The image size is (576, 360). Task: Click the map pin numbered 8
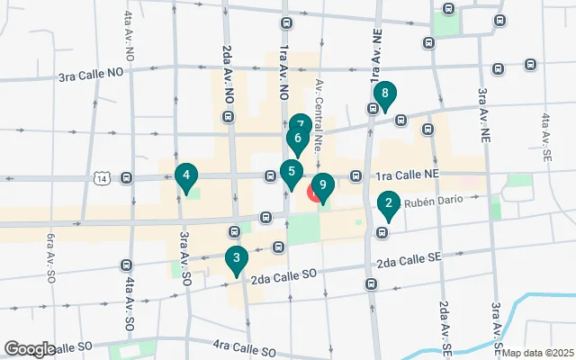click(385, 94)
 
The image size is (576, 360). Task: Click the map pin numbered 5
click(291, 171)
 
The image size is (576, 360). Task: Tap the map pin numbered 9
click(322, 184)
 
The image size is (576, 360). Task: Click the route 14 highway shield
click(104, 178)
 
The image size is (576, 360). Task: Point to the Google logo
click(30, 349)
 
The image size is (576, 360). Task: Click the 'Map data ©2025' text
click(537, 353)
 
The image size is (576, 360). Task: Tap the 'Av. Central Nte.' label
click(319, 113)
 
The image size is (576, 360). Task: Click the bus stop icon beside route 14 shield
click(126, 177)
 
